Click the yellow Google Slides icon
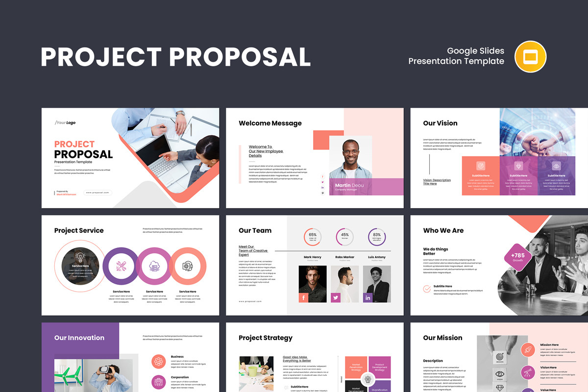pos(530,57)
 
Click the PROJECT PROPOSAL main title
pos(175,57)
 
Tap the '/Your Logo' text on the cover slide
pos(65,122)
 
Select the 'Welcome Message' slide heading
pos(270,123)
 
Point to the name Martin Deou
pos(349,185)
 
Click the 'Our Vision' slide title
pos(440,123)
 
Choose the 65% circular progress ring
pos(313,237)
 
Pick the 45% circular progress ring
pos(344,237)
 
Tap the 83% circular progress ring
pos(377,237)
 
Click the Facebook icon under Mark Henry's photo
pos(304,297)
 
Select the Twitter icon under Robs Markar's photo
pos(336,297)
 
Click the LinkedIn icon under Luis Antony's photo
pos(367,297)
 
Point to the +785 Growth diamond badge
pos(518,257)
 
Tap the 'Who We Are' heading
pos(443,230)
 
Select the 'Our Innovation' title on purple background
pos(79,338)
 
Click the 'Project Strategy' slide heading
pos(265,338)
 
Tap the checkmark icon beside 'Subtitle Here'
pos(427,289)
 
